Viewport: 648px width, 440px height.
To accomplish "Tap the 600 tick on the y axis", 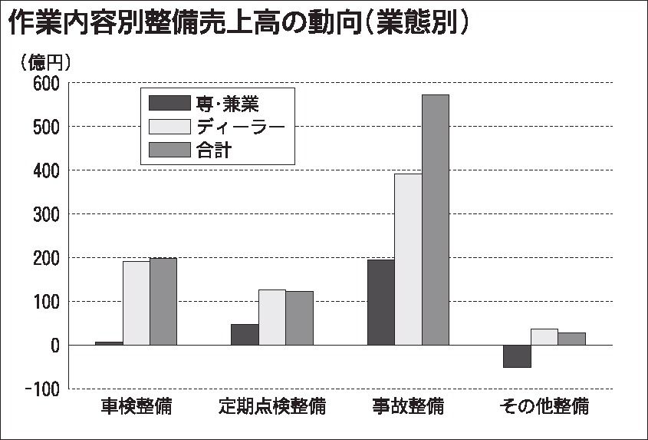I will (x=47, y=83).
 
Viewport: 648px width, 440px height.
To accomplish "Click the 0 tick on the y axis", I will (x=54, y=346).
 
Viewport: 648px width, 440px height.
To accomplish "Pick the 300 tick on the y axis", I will (x=47, y=214).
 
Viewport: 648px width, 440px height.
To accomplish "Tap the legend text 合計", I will (x=219, y=150).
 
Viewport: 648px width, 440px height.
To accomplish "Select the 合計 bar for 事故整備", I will (x=436, y=220).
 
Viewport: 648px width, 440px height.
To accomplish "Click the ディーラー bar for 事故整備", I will (x=408, y=260).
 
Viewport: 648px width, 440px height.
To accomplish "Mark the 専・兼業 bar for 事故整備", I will (x=381, y=303).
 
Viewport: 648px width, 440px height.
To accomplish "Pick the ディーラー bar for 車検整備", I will (x=137, y=303).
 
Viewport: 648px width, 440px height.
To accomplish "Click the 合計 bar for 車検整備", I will (x=163, y=302).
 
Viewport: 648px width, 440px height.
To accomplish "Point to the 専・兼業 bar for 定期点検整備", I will (x=245, y=335).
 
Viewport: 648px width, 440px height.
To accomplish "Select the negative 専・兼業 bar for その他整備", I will (x=517, y=356).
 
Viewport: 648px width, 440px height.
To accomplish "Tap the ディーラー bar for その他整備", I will (x=544, y=337).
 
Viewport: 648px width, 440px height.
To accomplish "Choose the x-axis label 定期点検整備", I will (x=272, y=405).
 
